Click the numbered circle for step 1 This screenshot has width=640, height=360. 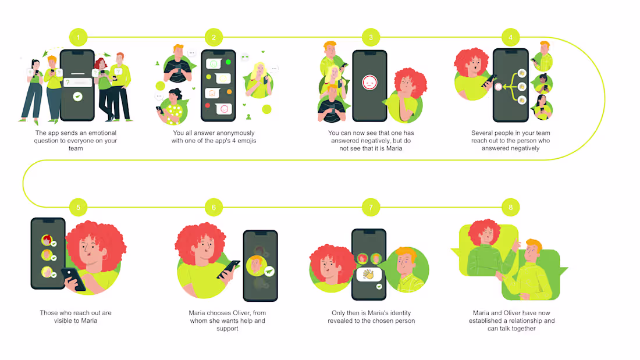click(x=78, y=38)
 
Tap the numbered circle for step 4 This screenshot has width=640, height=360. click(x=510, y=38)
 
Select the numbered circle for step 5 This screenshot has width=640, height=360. click(x=78, y=207)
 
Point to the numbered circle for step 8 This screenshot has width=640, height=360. click(x=510, y=207)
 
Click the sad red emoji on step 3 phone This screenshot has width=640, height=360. click(x=369, y=83)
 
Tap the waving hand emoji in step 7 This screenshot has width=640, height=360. click(x=368, y=273)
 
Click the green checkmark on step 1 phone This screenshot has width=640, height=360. click(x=78, y=97)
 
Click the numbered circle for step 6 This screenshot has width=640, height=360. click(x=214, y=207)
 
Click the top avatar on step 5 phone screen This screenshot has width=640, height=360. click(x=47, y=240)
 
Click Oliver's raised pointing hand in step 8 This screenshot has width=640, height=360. click(x=517, y=244)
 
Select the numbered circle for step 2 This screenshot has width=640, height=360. click(x=214, y=38)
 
